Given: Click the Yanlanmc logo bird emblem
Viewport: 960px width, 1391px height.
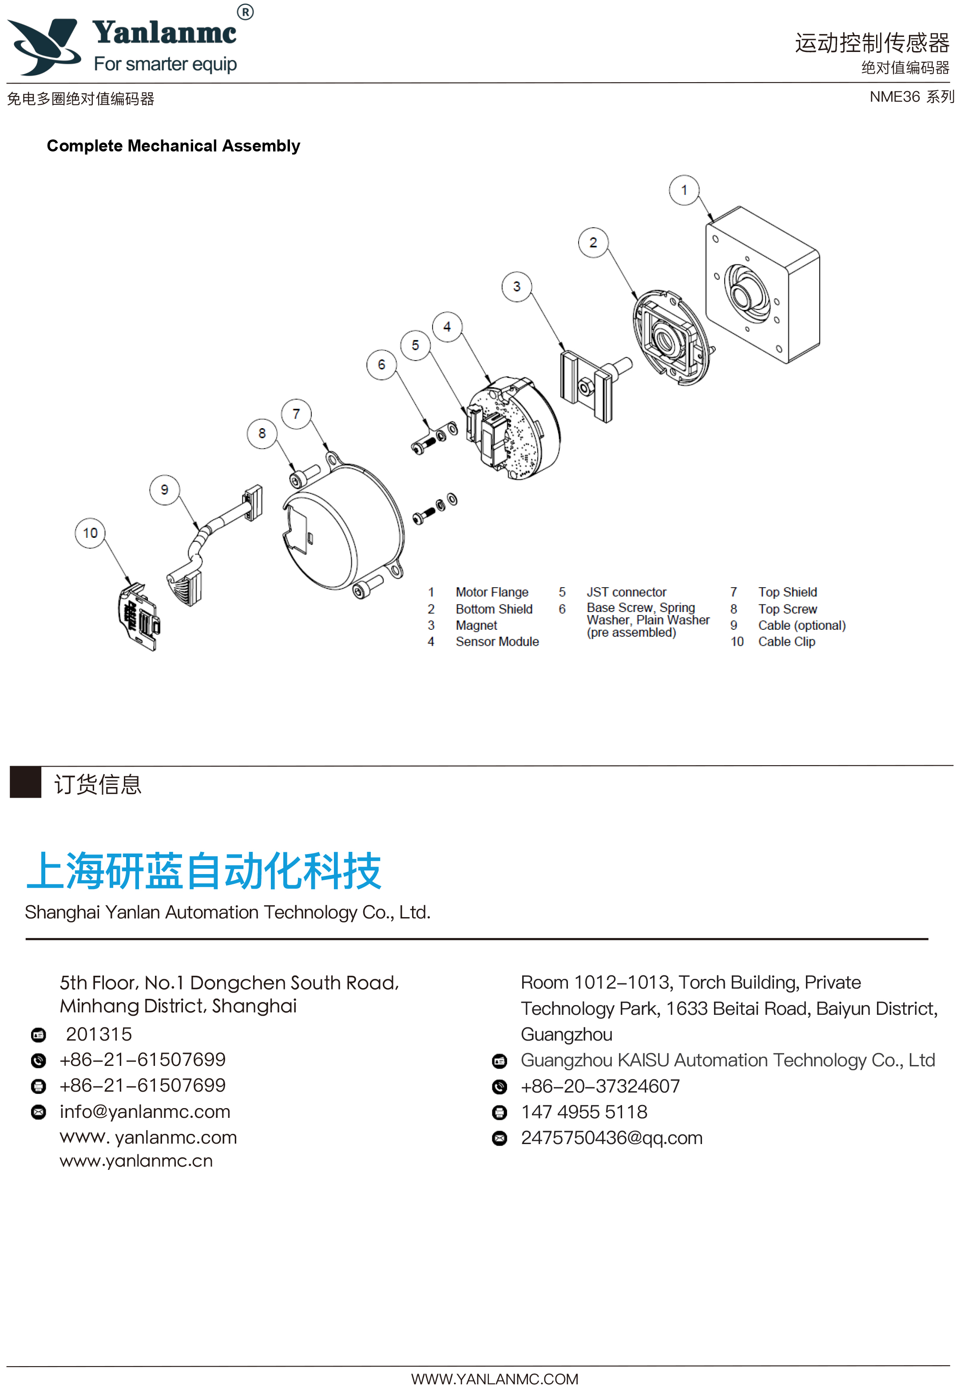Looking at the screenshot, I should [45, 47].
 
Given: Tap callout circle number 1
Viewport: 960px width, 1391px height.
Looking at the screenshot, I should [684, 190].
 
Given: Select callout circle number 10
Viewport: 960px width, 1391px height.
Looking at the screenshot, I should [90, 533].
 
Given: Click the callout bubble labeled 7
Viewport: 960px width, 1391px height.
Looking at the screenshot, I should [296, 414].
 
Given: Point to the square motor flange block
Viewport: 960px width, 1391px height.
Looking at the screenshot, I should [763, 286].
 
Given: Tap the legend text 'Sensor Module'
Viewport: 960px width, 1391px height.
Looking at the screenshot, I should [497, 642].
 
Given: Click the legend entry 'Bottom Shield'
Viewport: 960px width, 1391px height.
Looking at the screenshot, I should [494, 609].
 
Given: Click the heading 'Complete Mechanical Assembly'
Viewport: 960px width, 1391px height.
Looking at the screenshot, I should [173, 146].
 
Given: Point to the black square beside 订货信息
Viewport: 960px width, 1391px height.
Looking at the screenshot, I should [25, 782].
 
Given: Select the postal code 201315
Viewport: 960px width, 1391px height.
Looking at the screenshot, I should [99, 1034].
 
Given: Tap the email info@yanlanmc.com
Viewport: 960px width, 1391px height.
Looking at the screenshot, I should [145, 1112].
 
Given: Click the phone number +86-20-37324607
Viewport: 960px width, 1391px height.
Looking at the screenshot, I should [600, 1087].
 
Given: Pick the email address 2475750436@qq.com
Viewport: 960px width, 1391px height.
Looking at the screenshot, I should [611, 1138].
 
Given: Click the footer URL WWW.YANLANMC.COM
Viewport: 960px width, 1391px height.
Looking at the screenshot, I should [495, 1379].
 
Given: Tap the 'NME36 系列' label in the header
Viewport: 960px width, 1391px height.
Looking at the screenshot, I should [911, 97].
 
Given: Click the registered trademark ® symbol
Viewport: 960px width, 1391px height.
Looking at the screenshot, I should [245, 12].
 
